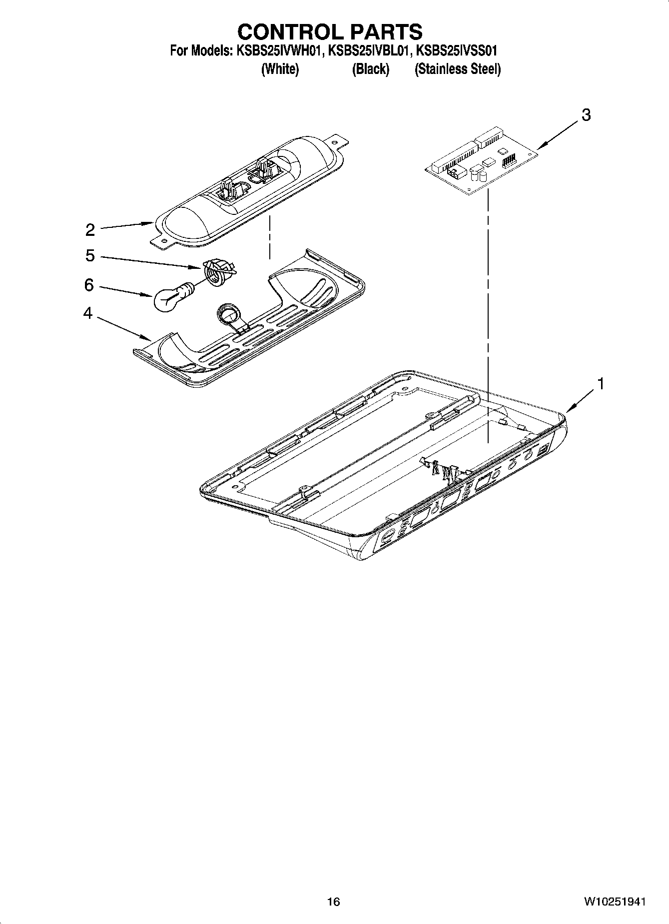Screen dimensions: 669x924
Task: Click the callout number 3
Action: pyautogui.click(x=586, y=115)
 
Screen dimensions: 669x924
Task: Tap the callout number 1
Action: pyautogui.click(x=601, y=384)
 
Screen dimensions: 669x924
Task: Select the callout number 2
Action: pyautogui.click(x=90, y=230)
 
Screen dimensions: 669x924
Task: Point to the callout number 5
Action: pyautogui.click(x=90, y=256)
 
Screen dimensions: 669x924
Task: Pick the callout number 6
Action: pyautogui.click(x=89, y=285)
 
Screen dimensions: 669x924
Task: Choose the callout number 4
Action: pyautogui.click(x=88, y=314)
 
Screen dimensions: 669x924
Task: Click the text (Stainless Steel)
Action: pyautogui.click(x=457, y=69)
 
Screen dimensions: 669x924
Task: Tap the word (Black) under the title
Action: pyautogui.click(x=370, y=69)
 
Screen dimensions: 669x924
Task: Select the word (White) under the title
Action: pyautogui.click(x=280, y=69)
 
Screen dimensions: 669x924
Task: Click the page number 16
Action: pyautogui.click(x=333, y=902)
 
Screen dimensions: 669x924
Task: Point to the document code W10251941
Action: pyautogui.click(x=614, y=902)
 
